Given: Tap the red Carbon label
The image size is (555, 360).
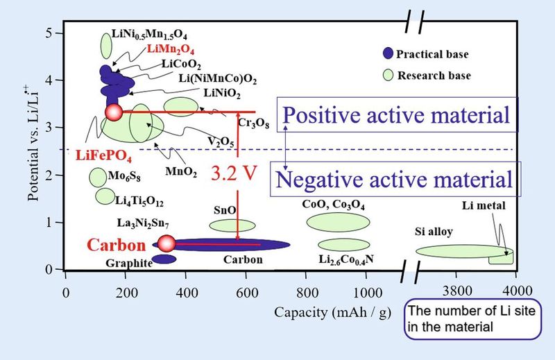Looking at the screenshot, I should click(116, 245).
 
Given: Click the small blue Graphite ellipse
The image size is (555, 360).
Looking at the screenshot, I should click(164, 259).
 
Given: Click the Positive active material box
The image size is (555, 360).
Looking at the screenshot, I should click(398, 114).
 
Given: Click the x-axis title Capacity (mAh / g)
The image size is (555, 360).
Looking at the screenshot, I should click(326, 310).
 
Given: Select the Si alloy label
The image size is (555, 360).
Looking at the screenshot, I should click(435, 232).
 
